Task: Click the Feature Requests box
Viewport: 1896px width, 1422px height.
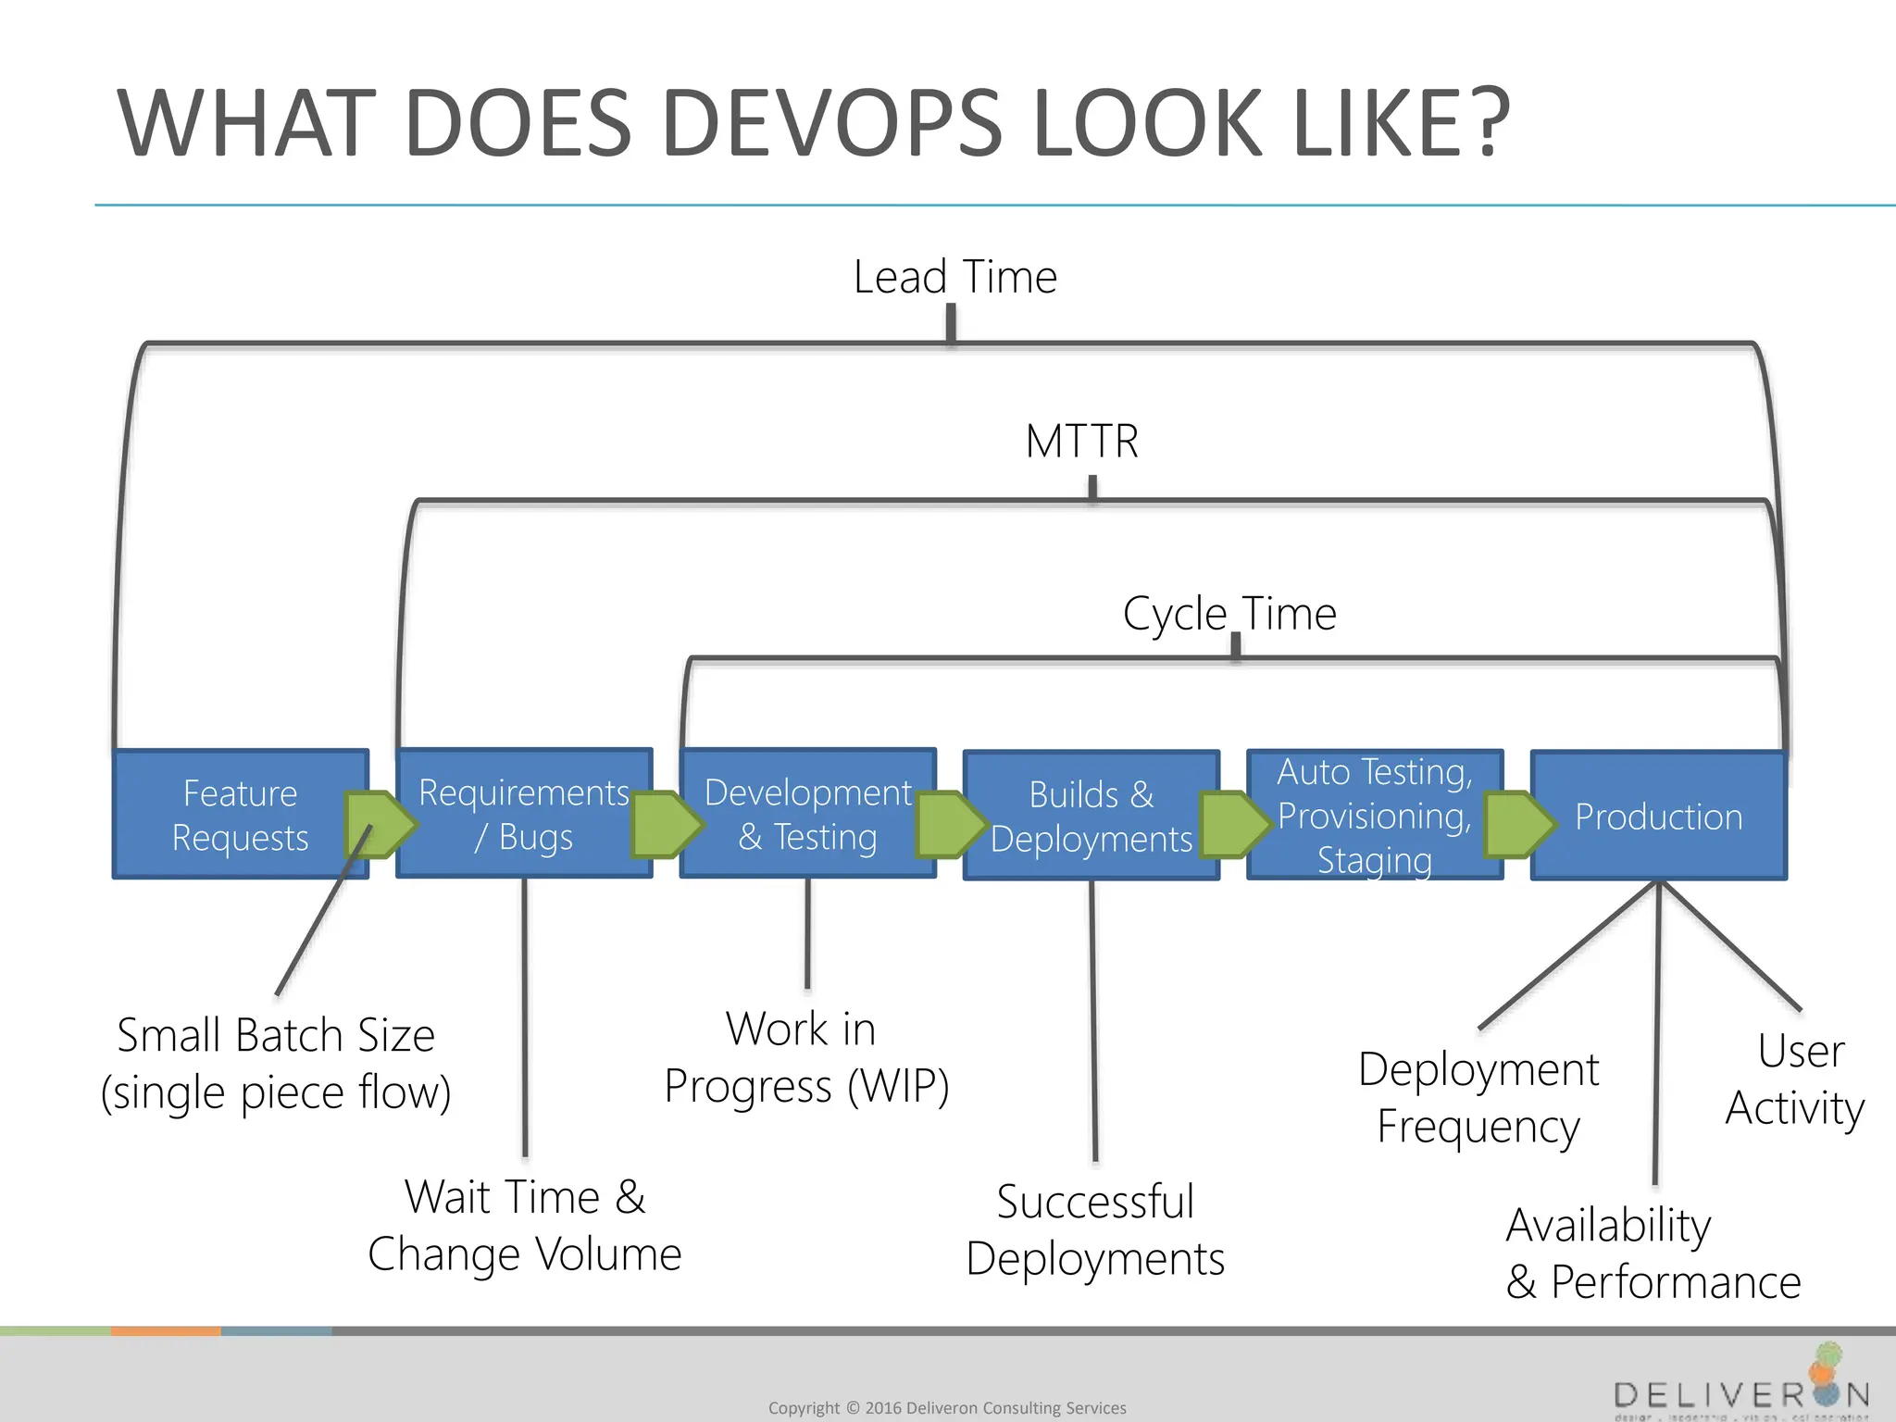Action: point(239,816)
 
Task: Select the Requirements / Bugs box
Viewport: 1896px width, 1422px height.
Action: point(524,815)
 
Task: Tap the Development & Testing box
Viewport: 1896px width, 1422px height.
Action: point(807,815)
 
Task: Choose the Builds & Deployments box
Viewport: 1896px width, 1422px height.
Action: point(1091,817)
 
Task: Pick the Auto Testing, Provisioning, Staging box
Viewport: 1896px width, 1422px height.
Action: point(1375,816)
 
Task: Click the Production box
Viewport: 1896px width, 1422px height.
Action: point(1658,817)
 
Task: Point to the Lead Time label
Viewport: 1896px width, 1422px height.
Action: point(954,277)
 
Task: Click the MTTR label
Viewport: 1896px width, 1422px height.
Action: point(1081,441)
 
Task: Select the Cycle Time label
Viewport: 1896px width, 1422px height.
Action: point(1229,613)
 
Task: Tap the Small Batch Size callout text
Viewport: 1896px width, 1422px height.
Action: point(276,1063)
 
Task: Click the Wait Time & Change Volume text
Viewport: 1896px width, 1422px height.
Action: point(524,1225)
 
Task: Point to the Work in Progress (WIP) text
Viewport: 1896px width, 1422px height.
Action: point(806,1057)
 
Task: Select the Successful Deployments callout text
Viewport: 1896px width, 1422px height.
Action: point(1095,1230)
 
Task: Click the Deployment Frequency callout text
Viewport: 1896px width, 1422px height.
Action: point(1478,1098)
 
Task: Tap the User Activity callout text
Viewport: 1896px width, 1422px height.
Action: point(1796,1079)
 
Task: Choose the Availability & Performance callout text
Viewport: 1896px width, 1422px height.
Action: point(1653,1254)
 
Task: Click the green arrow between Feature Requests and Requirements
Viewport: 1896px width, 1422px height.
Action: point(378,823)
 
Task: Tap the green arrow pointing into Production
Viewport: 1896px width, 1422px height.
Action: point(1518,823)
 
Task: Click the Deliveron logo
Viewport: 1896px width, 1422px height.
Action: point(1741,1388)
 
